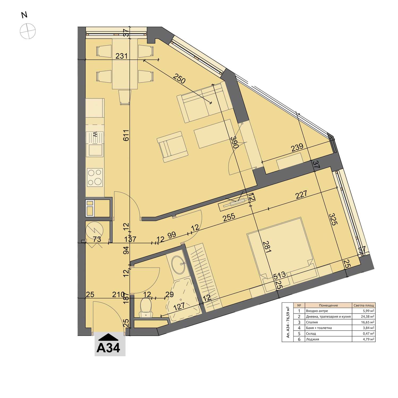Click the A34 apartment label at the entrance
(109, 348)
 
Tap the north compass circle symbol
(28, 31)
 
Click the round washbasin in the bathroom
(179, 265)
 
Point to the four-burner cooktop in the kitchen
(95, 177)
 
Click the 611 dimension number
(126, 136)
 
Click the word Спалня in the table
(312, 322)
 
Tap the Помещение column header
(328, 305)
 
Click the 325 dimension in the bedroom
(333, 219)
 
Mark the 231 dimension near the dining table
(122, 56)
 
